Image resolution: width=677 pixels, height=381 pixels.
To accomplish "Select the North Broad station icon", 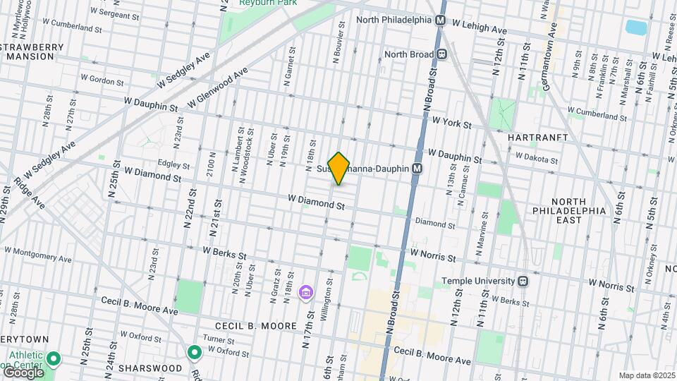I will pyautogui.click(x=442, y=54).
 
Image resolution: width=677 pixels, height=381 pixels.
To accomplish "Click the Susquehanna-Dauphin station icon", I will pyautogui.click(x=417, y=169).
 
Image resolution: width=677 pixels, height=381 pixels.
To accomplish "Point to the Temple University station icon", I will pyautogui.click(x=523, y=281).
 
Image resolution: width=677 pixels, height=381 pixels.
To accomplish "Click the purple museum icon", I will pyautogui.click(x=306, y=292).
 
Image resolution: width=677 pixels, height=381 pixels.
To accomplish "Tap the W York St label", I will pyautogui.click(x=451, y=122).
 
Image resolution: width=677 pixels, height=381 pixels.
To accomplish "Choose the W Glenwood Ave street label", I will pyautogui.click(x=219, y=88).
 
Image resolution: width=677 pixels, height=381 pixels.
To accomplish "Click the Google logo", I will pyautogui.click(x=23, y=372).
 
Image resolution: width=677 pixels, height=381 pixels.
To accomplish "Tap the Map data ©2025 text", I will pyautogui.click(x=647, y=375).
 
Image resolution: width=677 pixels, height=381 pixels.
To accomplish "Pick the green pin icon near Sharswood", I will pyautogui.click(x=195, y=351).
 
